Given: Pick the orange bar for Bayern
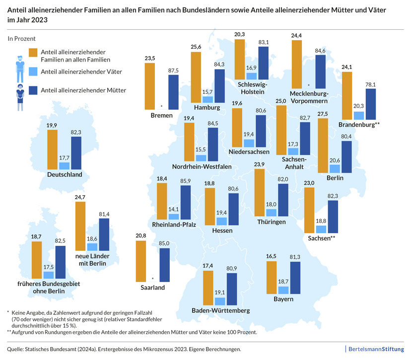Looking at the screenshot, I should [x=272, y=278].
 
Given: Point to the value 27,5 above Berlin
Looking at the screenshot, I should [x=323, y=115].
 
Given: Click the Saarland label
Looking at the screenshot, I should [x=152, y=287].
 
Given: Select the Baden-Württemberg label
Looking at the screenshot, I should [x=220, y=311].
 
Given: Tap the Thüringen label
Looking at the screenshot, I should [x=271, y=221].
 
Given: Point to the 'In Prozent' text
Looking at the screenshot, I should [x=21, y=38].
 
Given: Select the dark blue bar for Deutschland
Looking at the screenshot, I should [x=76, y=153].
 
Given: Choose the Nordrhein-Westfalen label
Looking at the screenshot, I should [x=202, y=166].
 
